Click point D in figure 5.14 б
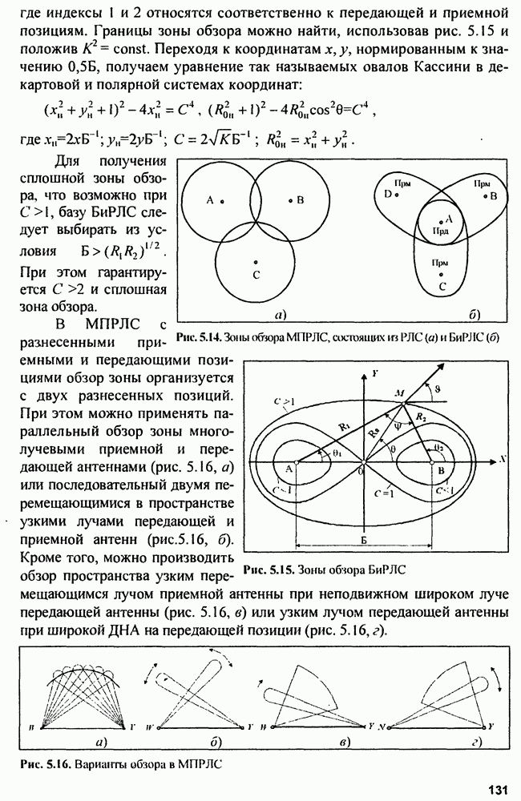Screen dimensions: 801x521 [386, 195]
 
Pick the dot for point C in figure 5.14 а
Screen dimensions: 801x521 [255, 262]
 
